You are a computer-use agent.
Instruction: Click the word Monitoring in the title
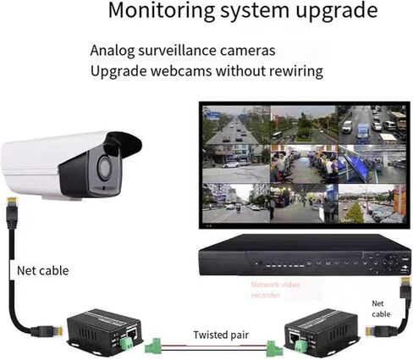162,11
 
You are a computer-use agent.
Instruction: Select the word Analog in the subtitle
113,51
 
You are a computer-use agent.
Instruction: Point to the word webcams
181,70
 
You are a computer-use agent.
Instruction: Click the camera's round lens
105,168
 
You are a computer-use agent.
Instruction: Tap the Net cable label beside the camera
43,271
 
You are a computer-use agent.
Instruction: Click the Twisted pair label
221,335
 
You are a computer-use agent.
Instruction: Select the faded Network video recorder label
275,290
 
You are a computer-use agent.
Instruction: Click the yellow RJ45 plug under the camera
13,202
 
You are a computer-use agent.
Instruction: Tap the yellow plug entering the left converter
58,331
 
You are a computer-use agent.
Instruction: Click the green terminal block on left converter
126,341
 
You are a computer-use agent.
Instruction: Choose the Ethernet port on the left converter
132,334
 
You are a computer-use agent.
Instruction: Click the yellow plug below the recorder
405,283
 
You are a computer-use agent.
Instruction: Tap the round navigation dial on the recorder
391,263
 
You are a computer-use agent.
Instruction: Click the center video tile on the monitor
304,164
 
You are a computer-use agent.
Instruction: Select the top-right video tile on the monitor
372,125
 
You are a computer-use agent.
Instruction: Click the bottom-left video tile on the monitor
236,203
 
